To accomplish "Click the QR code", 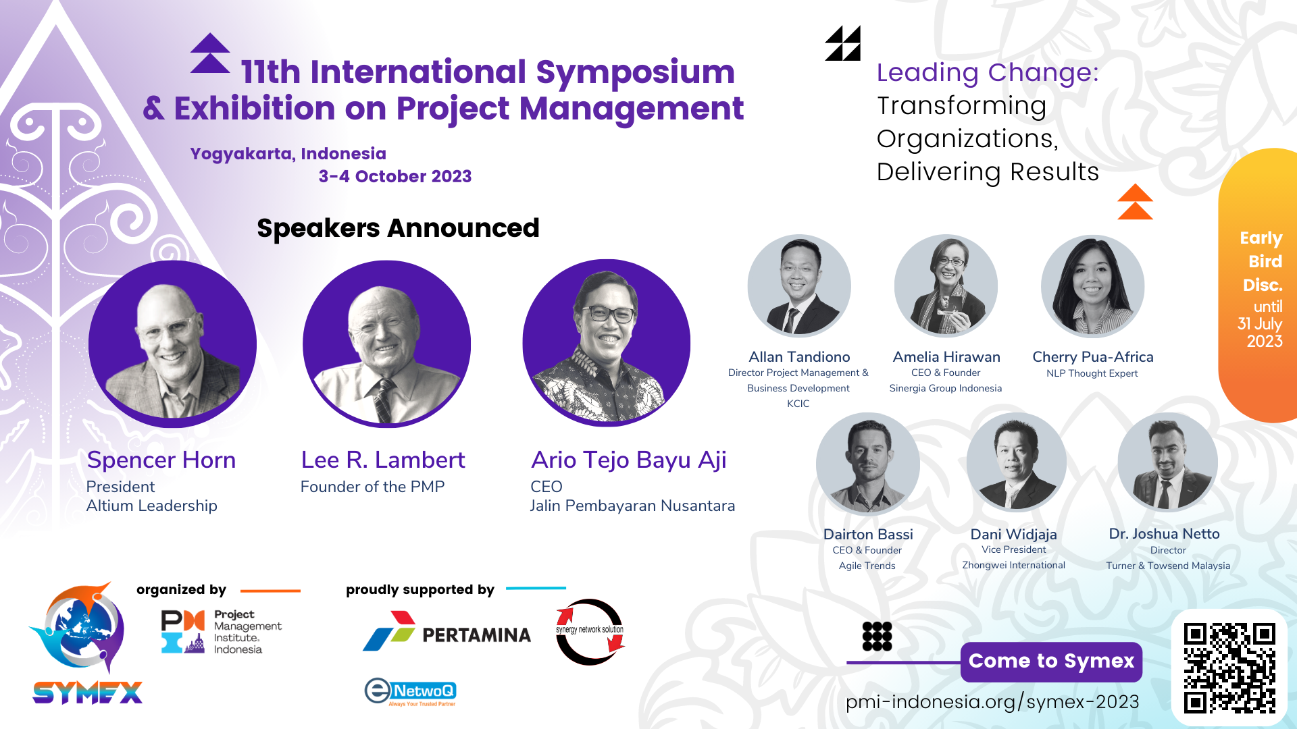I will (1229, 668).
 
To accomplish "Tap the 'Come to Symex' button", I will (1051, 661).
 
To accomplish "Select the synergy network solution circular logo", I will (590, 632).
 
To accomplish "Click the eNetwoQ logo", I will (411, 692).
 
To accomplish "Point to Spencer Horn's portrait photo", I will (172, 344).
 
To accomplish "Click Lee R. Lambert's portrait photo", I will (386, 344).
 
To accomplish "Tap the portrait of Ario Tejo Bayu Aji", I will (606, 343).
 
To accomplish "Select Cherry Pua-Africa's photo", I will (1092, 286).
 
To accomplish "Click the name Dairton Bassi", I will (868, 534).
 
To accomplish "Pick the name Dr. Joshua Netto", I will (1164, 533).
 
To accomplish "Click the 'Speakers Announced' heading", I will (398, 228).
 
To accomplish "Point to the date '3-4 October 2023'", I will (395, 176).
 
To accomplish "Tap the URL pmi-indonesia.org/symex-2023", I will (992, 702).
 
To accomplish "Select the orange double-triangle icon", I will (1135, 202).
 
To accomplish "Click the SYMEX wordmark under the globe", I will (88, 693).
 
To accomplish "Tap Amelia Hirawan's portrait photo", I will (946, 286).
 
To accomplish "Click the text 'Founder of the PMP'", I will (372, 487).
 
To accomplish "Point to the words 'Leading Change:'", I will (988, 72).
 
